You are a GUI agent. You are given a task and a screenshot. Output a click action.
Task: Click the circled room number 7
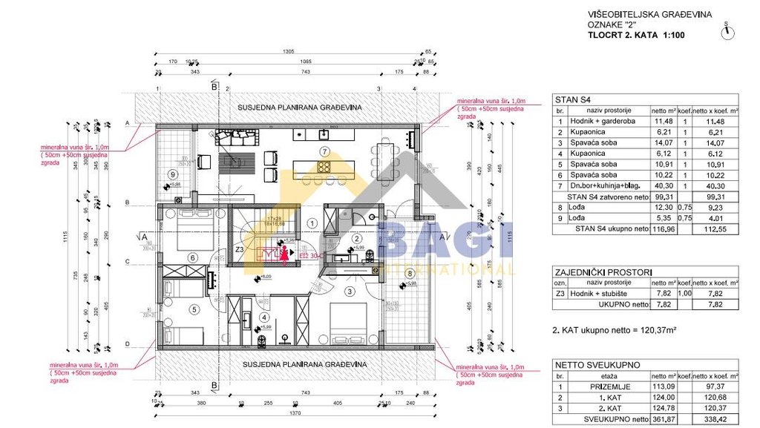point(324,151)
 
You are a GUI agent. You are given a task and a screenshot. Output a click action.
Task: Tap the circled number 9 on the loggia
point(173,174)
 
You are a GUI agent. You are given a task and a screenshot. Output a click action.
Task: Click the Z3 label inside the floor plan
point(240,250)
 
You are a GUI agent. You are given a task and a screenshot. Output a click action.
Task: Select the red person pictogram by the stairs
point(283,254)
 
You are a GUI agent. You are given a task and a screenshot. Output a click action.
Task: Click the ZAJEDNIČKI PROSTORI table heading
point(594,272)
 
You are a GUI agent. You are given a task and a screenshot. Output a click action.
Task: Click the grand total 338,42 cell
point(714,418)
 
